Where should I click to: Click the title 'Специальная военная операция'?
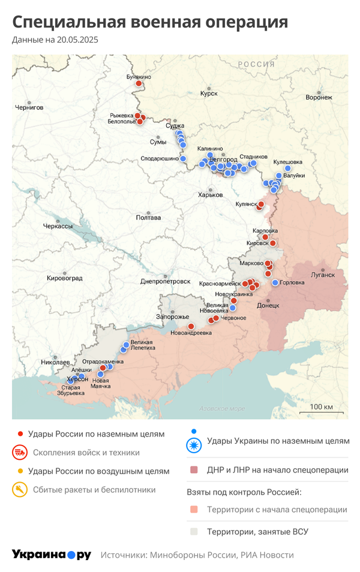(x=150, y=23)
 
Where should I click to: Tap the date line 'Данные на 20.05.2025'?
(x=55, y=40)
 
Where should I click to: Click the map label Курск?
(x=209, y=94)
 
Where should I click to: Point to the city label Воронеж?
(x=318, y=97)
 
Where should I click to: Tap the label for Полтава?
(x=148, y=218)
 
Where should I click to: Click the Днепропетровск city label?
(x=165, y=281)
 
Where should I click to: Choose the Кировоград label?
(x=65, y=278)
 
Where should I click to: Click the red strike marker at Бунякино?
(x=139, y=83)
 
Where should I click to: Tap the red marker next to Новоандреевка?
(x=191, y=326)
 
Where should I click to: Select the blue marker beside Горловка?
(x=275, y=282)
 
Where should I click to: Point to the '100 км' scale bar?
(x=321, y=411)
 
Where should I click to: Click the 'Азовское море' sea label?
(x=222, y=409)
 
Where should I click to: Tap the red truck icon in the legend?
(x=20, y=453)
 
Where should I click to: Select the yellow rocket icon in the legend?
(x=20, y=490)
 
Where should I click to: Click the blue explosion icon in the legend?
(x=193, y=445)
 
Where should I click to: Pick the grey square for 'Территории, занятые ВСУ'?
(x=193, y=531)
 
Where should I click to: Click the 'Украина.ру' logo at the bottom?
(x=51, y=555)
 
